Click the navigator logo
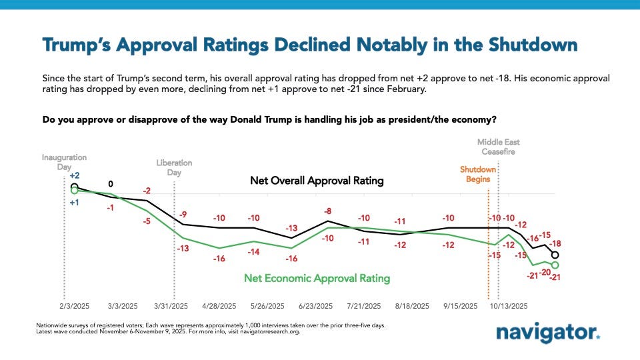(548, 332)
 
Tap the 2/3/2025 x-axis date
(73, 306)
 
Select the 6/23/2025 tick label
(315, 306)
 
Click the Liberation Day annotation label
(174, 167)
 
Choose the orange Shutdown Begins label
(475, 174)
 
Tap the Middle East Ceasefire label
(499, 147)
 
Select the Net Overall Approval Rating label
(317, 181)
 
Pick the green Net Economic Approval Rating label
(317, 278)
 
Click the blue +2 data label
(74, 175)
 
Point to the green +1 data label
(75, 203)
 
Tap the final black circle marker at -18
(555, 255)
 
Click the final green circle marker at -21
(555, 265)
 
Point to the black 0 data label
(111, 183)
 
